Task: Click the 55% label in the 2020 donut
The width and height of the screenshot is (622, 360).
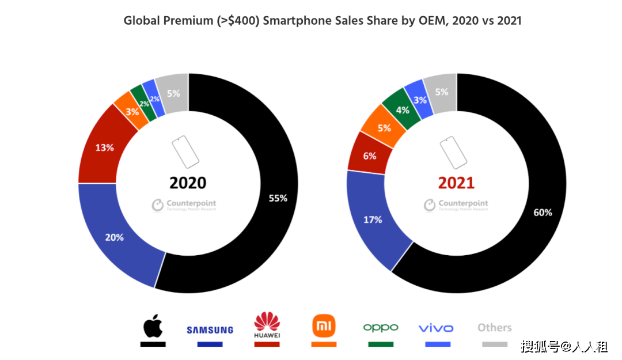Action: pos(278,198)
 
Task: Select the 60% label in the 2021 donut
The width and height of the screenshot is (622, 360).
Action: pos(543,212)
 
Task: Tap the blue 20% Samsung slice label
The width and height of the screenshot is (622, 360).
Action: pos(114,237)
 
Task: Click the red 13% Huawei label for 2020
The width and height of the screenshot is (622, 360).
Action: pos(104,147)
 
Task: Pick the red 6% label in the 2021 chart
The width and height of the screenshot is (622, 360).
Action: pos(370,156)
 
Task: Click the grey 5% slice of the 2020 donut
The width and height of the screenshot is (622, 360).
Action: pos(173,93)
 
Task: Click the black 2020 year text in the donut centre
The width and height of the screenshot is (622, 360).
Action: pos(188,183)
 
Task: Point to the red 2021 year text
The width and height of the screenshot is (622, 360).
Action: pos(456,183)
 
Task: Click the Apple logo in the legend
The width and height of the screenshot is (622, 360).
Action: pos(153,326)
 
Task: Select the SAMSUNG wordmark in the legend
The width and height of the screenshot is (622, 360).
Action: pos(210,330)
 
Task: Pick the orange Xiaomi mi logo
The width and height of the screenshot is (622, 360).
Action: pos(323,326)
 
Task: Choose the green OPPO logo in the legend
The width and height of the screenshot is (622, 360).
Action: pos(380,327)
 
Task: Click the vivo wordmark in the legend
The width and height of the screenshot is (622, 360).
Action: pos(436,328)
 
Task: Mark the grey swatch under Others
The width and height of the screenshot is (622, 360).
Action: pos(494,344)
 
